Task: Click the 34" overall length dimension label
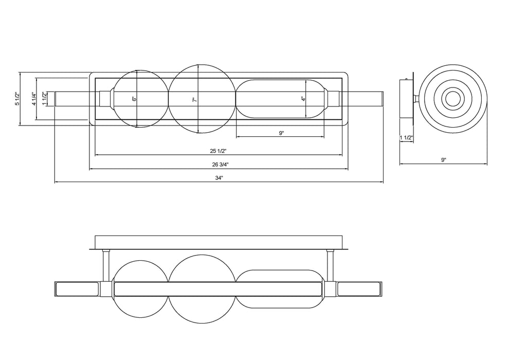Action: pyautogui.click(x=219, y=178)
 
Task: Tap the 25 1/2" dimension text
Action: pyautogui.click(x=218, y=151)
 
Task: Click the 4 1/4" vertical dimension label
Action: pyautogui.click(x=33, y=99)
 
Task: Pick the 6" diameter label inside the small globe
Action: pyautogui.click(x=134, y=99)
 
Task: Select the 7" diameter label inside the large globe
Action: pyautogui.click(x=195, y=100)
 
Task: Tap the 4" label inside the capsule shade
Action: pyautogui.click(x=303, y=99)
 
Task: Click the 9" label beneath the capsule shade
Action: pyautogui.click(x=281, y=133)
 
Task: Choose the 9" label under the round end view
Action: pyautogui.click(x=444, y=160)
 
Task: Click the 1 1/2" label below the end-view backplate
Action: pyautogui.click(x=406, y=138)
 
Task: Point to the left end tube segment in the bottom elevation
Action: pyautogui.click(x=78, y=289)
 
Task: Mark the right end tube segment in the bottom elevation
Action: pyautogui.click(x=359, y=289)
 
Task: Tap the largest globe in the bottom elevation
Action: pyautogui.click(x=201, y=289)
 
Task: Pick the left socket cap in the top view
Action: pyautogui.click(x=104, y=99)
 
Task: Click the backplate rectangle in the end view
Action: pyautogui.click(x=406, y=99)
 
